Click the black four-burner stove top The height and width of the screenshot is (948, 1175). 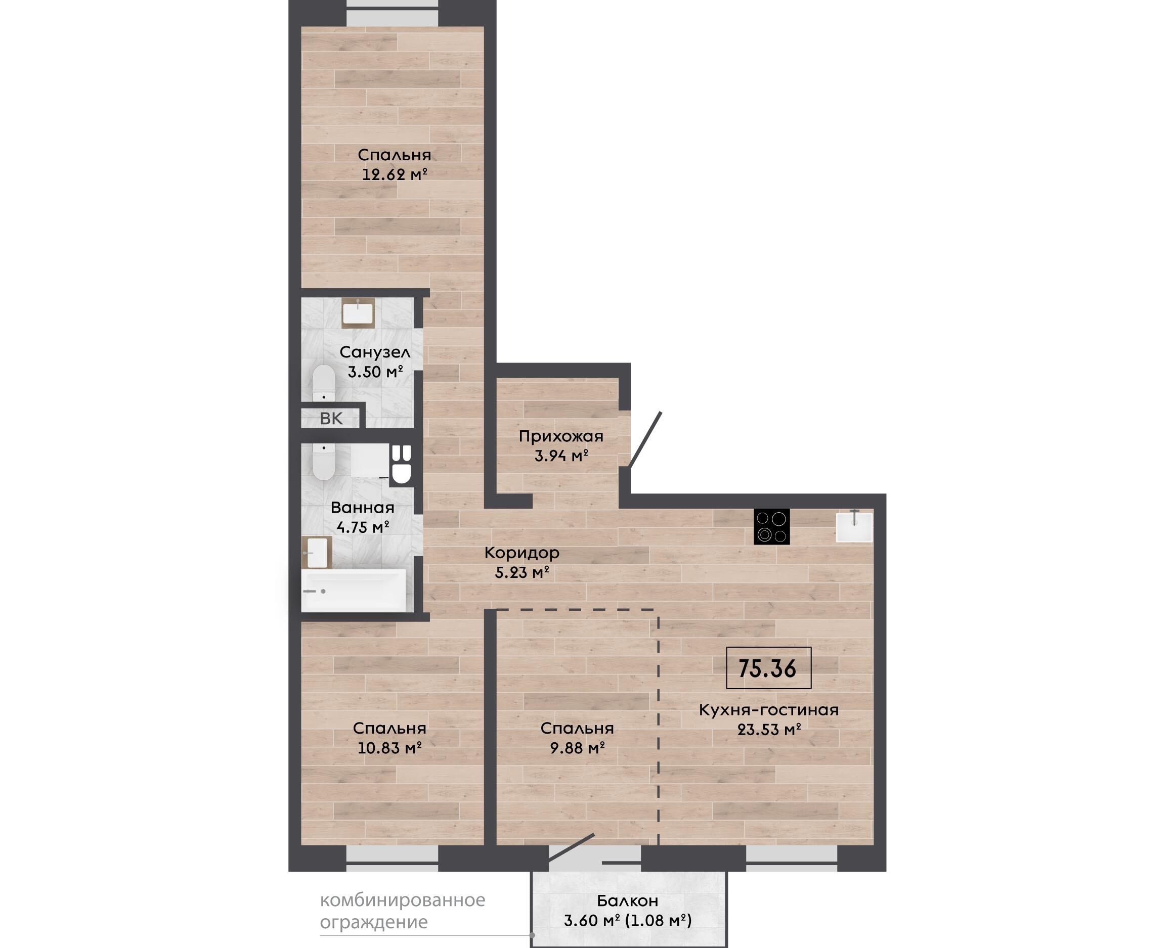[772, 526]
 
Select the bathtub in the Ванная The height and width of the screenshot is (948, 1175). [354, 591]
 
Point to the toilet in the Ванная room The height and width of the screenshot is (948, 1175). [323, 462]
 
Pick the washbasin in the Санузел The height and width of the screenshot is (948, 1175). [358, 313]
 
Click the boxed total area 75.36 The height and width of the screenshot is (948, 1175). [768, 668]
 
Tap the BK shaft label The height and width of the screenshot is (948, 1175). [331, 419]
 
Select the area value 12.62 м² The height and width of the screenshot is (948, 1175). [395, 175]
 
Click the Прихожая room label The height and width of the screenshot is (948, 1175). [561, 436]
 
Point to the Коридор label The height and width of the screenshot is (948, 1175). [521, 553]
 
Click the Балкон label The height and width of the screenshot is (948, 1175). [628, 900]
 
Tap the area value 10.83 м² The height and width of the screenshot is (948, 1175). [389, 748]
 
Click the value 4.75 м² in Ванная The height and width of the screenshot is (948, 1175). [363, 527]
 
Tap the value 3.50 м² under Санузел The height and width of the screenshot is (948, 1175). [375, 372]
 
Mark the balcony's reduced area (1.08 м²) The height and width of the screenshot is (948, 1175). [658, 921]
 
